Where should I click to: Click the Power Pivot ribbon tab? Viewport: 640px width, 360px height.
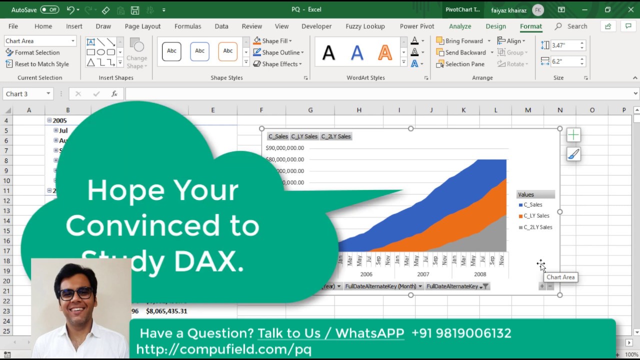point(417,26)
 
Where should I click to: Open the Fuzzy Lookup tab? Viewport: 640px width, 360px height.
point(365,26)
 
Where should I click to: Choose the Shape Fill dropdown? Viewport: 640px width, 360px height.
point(272,41)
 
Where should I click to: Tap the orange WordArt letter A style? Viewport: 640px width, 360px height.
point(384,52)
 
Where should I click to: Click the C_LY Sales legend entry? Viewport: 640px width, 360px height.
point(536,216)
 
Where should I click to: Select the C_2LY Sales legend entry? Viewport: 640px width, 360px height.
point(537,227)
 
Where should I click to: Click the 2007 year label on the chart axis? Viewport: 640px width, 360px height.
point(423,274)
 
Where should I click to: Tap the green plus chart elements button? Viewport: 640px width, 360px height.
point(573,135)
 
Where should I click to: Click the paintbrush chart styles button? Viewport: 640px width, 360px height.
point(573,154)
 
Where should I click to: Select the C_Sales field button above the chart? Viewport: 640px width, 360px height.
point(278,136)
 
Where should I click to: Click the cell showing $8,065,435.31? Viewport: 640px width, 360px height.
point(166,311)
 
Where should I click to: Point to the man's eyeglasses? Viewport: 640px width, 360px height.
point(76,292)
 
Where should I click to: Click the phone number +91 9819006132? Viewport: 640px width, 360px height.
point(461,333)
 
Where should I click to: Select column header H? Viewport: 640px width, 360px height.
point(359,110)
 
